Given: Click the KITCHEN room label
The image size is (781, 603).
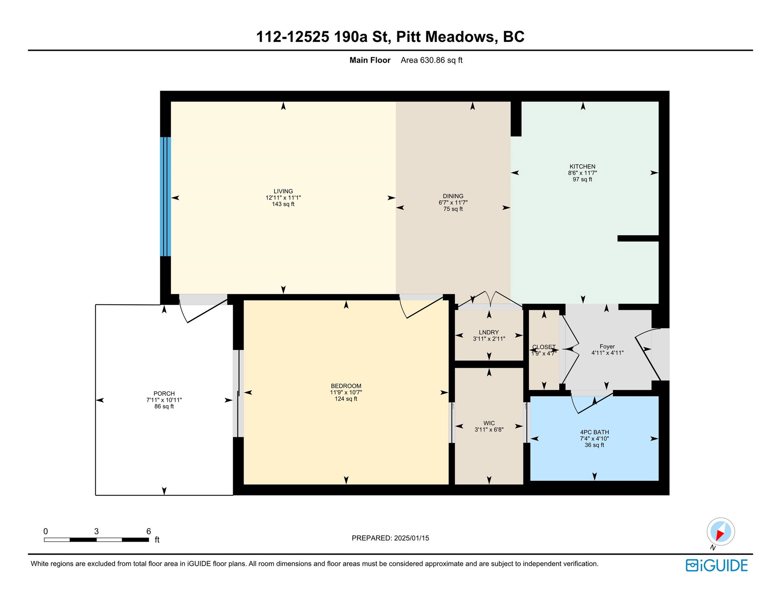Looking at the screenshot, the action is (582, 167).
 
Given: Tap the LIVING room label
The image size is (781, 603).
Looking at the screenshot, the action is (283, 191).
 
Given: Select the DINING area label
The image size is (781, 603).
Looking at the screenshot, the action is (453, 196).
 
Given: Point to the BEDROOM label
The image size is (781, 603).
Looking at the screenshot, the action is (346, 386).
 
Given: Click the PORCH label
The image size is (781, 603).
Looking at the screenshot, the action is (164, 394).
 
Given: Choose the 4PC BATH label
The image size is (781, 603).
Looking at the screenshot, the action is (594, 432).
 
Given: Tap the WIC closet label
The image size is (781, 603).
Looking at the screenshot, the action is (489, 423).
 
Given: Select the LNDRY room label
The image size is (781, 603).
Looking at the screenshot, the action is (489, 332).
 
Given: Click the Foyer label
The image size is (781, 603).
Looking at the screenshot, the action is (607, 347).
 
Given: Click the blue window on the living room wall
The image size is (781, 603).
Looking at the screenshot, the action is (165, 197).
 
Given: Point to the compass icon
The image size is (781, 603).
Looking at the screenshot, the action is (720, 532).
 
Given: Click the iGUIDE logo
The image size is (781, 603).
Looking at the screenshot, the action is (717, 566).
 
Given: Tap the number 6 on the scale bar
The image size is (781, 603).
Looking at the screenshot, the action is (148, 531).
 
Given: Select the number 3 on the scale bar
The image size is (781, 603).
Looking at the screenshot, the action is (96, 531).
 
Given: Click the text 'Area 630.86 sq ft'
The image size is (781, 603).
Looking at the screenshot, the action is (432, 60).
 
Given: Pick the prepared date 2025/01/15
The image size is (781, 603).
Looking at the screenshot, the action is (411, 538).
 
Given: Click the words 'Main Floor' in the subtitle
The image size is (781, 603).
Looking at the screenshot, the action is (370, 60).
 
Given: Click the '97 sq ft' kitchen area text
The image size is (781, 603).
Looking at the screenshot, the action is (582, 180).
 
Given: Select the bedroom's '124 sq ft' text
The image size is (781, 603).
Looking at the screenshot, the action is (346, 399).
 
